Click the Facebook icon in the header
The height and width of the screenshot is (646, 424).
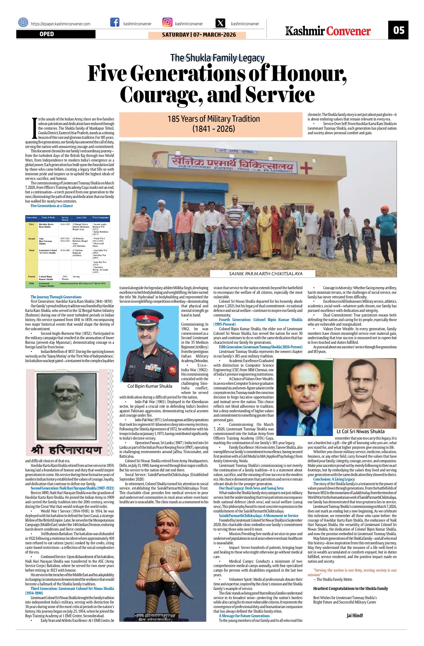coord(115,22)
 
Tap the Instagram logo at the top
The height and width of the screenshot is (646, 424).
coord(167,22)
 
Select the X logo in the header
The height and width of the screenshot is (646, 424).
coord(221,23)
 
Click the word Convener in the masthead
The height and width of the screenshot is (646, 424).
coord(348,32)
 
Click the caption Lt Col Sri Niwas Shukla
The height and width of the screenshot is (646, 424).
coord(360,431)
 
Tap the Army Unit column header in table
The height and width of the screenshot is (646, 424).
coord(81,218)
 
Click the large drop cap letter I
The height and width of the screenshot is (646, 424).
coord(34,128)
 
